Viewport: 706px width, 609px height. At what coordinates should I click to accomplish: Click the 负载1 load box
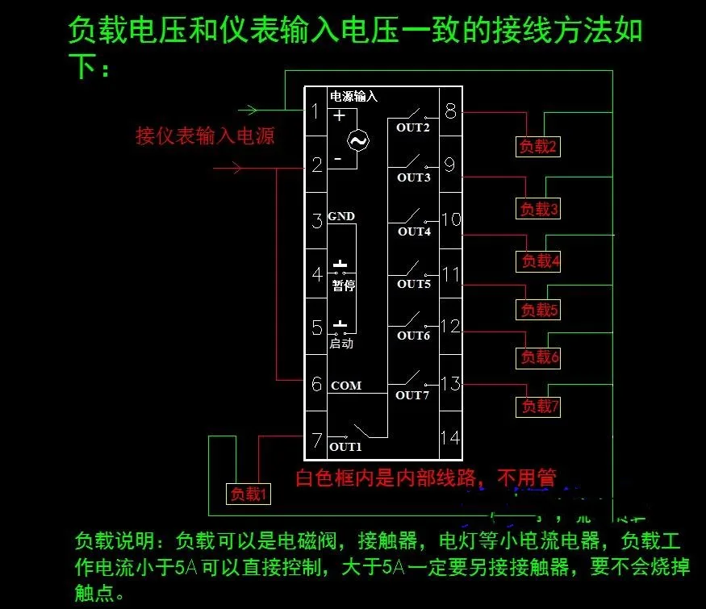tap(248, 494)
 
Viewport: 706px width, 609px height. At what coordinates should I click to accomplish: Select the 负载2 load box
tap(537, 146)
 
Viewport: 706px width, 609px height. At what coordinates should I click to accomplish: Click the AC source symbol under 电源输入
tap(357, 141)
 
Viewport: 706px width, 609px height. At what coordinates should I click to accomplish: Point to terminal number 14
tap(450, 437)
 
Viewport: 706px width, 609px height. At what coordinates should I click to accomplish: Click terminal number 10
tap(450, 219)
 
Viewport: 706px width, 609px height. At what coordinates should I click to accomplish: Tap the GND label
tap(341, 216)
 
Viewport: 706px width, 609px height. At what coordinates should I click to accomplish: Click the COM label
tap(346, 386)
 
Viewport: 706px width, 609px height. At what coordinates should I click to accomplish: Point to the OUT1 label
tap(345, 447)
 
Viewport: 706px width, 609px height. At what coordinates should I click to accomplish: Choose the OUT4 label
tap(414, 232)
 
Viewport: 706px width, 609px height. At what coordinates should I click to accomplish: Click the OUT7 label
tap(411, 395)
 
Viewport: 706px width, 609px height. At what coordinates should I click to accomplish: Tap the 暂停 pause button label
tap(344, 286)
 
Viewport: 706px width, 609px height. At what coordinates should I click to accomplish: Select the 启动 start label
tap(341, 344)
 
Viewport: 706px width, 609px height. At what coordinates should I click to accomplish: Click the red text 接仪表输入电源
tap(205, 136)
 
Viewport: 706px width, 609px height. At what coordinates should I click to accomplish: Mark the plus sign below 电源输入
tap(340, 115)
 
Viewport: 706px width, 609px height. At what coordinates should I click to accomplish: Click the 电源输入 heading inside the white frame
tap(353, 95)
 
